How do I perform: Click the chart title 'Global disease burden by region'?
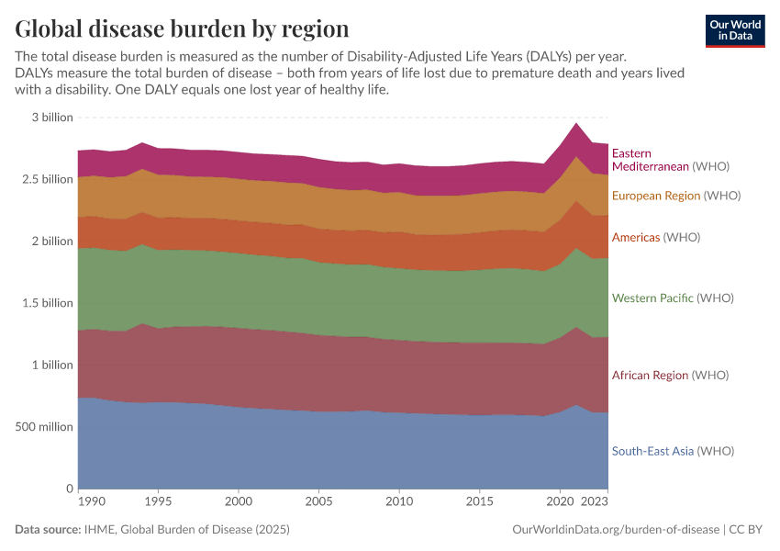(x=182, y=28)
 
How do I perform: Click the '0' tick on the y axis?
(x=69, y=489)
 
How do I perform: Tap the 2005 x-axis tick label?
(x=318, y=503)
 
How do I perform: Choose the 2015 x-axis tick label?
(x=479, y=503)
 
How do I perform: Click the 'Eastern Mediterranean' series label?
(x=651, y=160)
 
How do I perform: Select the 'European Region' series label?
(x=656, y=196)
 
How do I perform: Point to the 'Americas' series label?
(x=636, y=237)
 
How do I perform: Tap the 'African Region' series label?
(x=650, y=376)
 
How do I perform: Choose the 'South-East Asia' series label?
(x=652, y=451)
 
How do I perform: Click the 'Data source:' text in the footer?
(x=47, y=530)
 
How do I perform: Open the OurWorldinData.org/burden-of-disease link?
(x=616, y=530)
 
